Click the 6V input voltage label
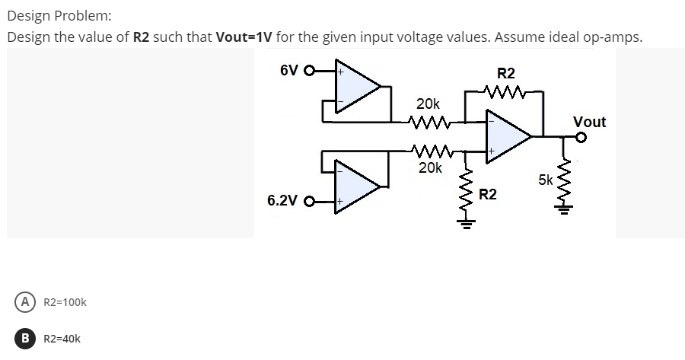[x=288, y=71]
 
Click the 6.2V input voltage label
[x=282, y=202]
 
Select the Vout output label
[x=589, y=122]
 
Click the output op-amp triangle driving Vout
[x=508, y=136]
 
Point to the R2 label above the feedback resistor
[x=505, y=74]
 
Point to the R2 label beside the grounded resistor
[x=488, y=196]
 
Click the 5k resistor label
[x=546, y=180]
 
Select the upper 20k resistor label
[x=427, y=103]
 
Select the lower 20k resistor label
[x=430, y=167]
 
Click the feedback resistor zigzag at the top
[x=505, y=93]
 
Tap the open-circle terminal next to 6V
[x=308, y=73]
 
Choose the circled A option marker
[x=27, y=302]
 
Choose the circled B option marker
[x=27, y=339]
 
